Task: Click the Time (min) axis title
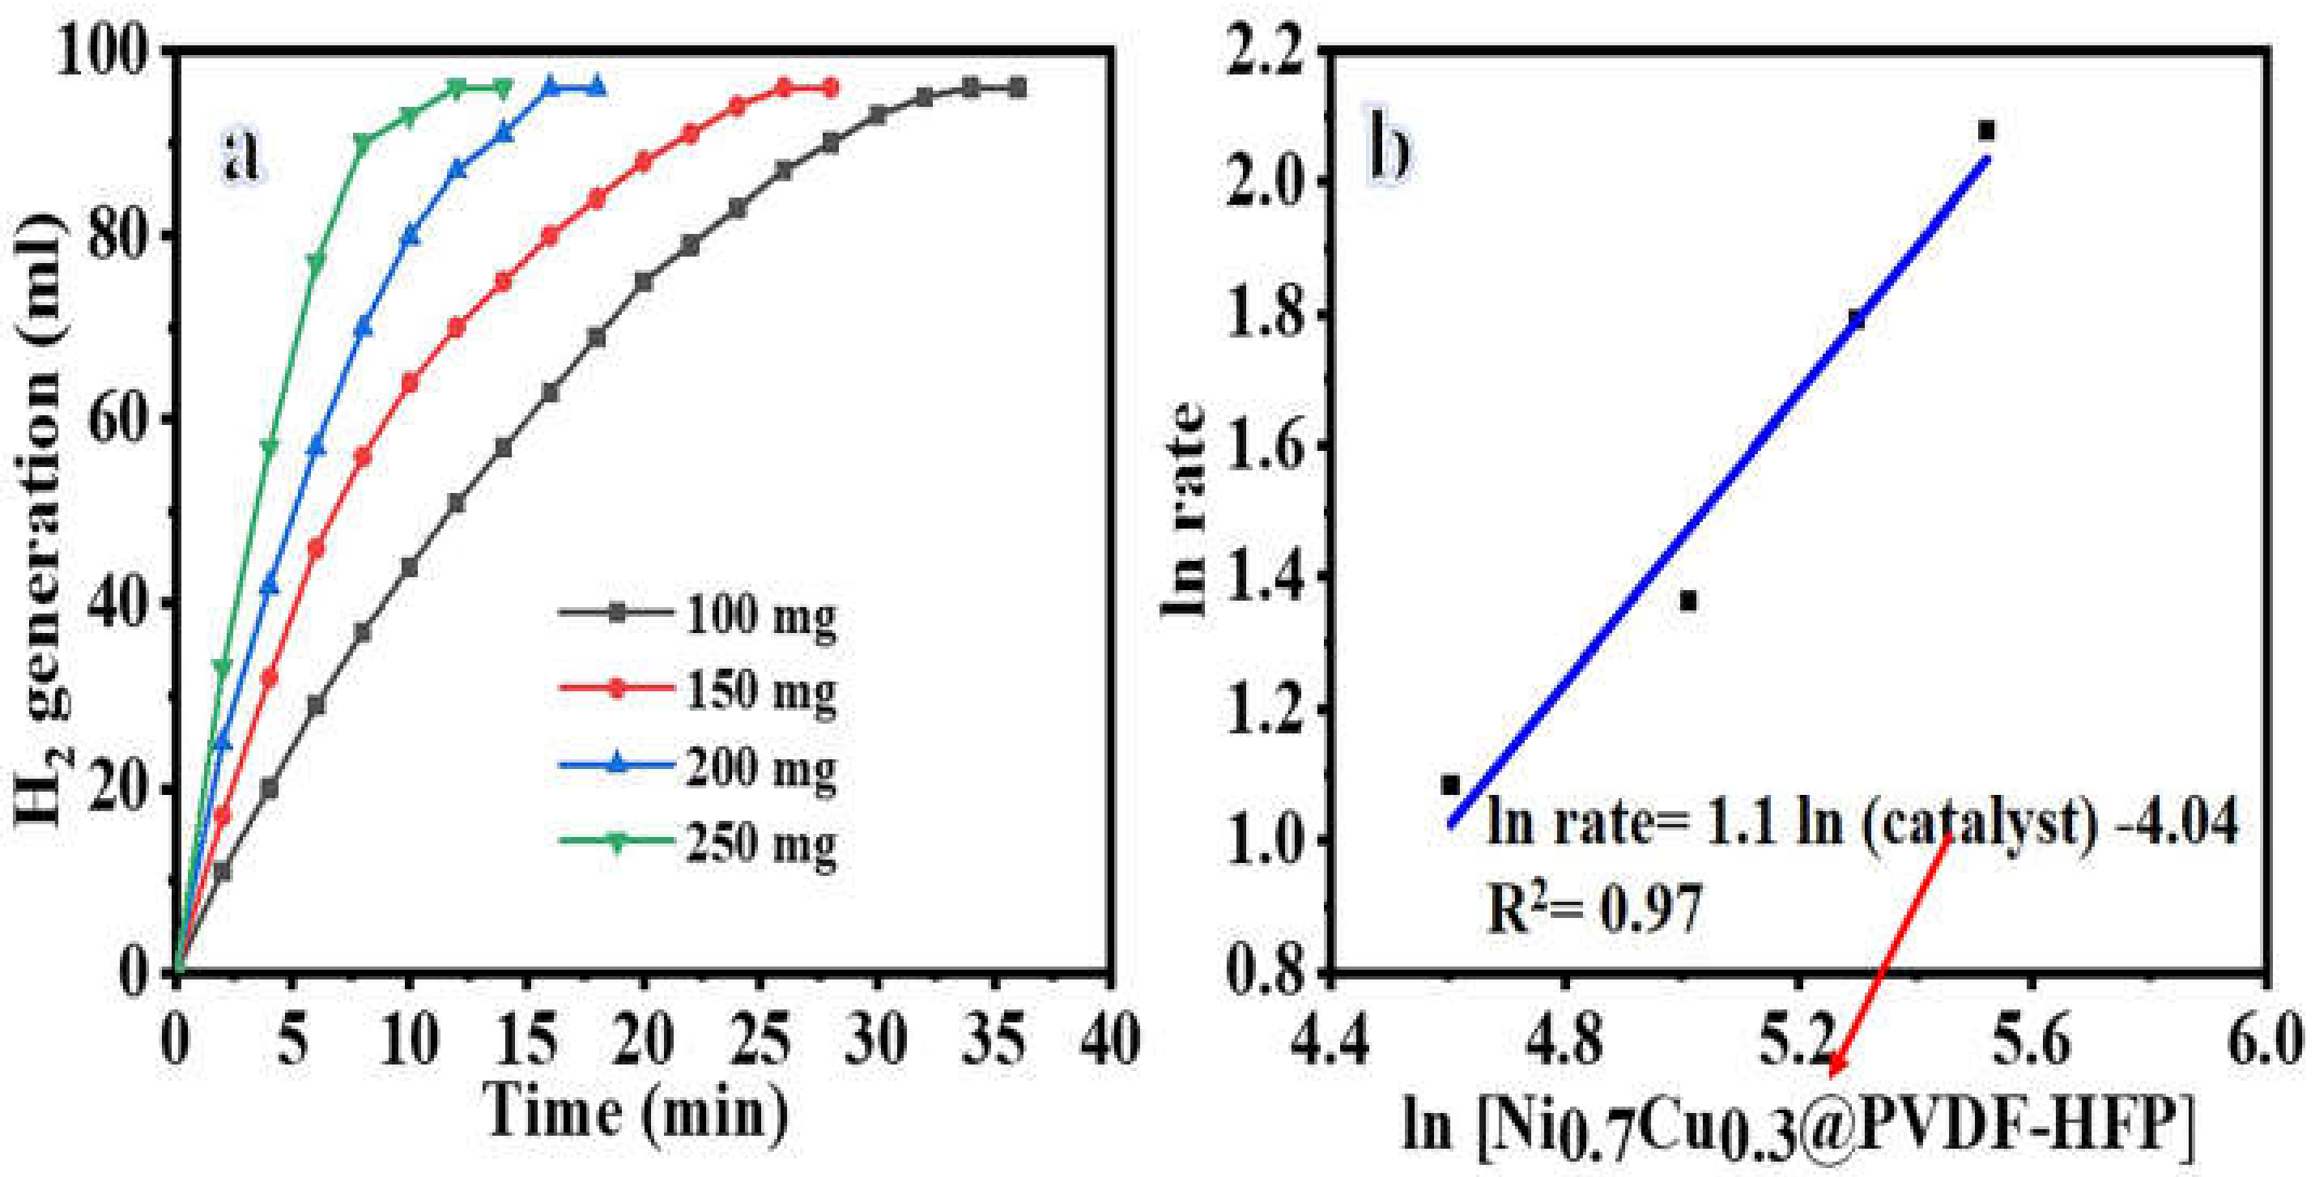636,1112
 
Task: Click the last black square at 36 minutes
1017,88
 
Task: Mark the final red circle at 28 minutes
831,88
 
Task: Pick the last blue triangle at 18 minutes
597,87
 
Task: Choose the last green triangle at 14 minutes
504,88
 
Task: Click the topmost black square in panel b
1986,131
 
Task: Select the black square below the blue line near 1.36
1687,601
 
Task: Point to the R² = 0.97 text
1594,908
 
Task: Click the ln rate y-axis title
1185,510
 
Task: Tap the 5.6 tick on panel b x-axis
2031,1043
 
